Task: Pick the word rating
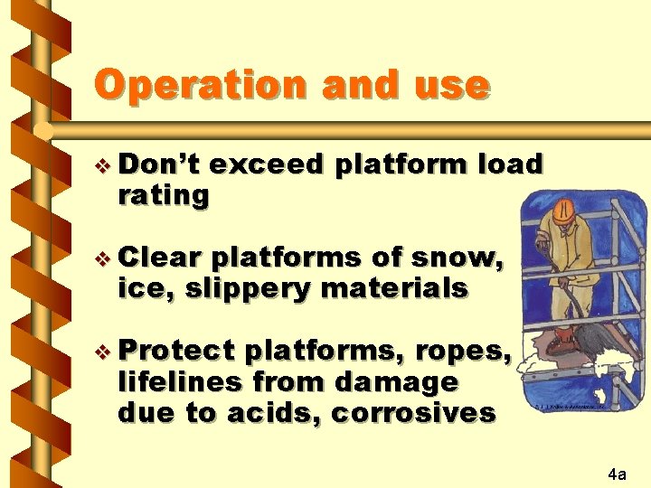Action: click(164, 194)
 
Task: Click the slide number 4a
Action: click(618, 473)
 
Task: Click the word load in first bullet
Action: click(511, 164)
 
